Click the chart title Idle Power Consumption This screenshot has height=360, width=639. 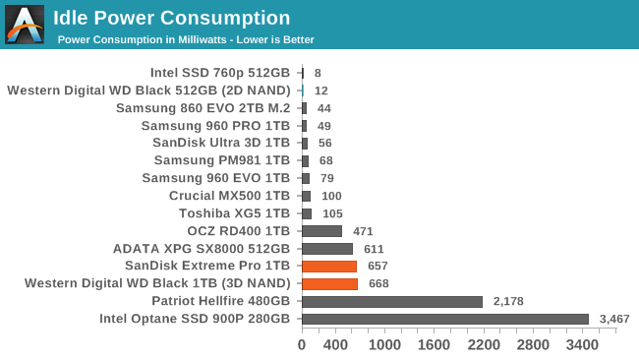[171, 18]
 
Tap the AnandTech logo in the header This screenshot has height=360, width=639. [25, 24]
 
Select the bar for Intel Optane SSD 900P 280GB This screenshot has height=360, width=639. [444, 319]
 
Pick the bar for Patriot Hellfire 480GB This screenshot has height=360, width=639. [391, 301]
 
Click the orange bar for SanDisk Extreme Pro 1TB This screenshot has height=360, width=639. [328, 266]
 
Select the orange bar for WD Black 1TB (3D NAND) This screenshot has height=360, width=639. [329, 283]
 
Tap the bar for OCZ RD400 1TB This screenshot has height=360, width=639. [321, 231]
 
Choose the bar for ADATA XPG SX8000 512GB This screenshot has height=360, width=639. [326, 249]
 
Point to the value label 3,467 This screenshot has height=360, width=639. [613, 319]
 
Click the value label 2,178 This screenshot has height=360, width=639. [507, 301]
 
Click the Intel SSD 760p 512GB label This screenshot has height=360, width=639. [220, 72]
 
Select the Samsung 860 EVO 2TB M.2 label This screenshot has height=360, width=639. [203, 107]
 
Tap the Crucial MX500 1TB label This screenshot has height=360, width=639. [229, 196]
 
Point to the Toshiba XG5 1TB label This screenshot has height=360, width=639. [234, 213]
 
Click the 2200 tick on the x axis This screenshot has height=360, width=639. [483, 345]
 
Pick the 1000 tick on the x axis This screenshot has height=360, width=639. [384, 345]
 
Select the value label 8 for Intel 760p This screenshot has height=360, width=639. [318, 72]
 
